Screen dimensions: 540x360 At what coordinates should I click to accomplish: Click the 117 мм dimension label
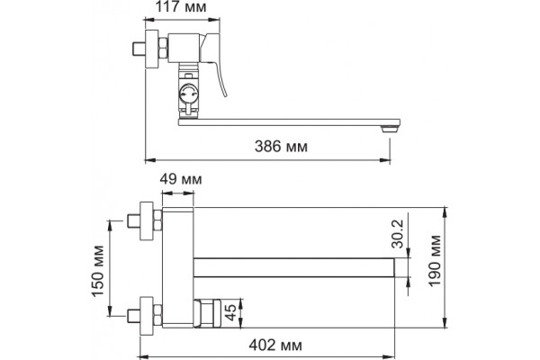(181, 7)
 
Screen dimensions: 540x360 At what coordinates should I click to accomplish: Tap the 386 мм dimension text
(281, 147)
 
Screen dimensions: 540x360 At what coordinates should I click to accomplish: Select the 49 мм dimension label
(181, 179)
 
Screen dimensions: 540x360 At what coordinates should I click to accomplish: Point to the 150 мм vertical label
(98, 271)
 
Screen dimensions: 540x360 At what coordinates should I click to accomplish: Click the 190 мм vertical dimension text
(435, 260)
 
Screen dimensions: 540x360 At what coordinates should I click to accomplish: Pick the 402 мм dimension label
(275, 345)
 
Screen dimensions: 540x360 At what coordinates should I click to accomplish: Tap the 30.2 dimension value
(398, 234)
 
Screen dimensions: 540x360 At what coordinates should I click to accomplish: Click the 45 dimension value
(231, 311)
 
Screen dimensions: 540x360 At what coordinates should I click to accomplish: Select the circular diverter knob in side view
(188, 94)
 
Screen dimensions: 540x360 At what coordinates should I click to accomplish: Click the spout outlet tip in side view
(389, 130)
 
